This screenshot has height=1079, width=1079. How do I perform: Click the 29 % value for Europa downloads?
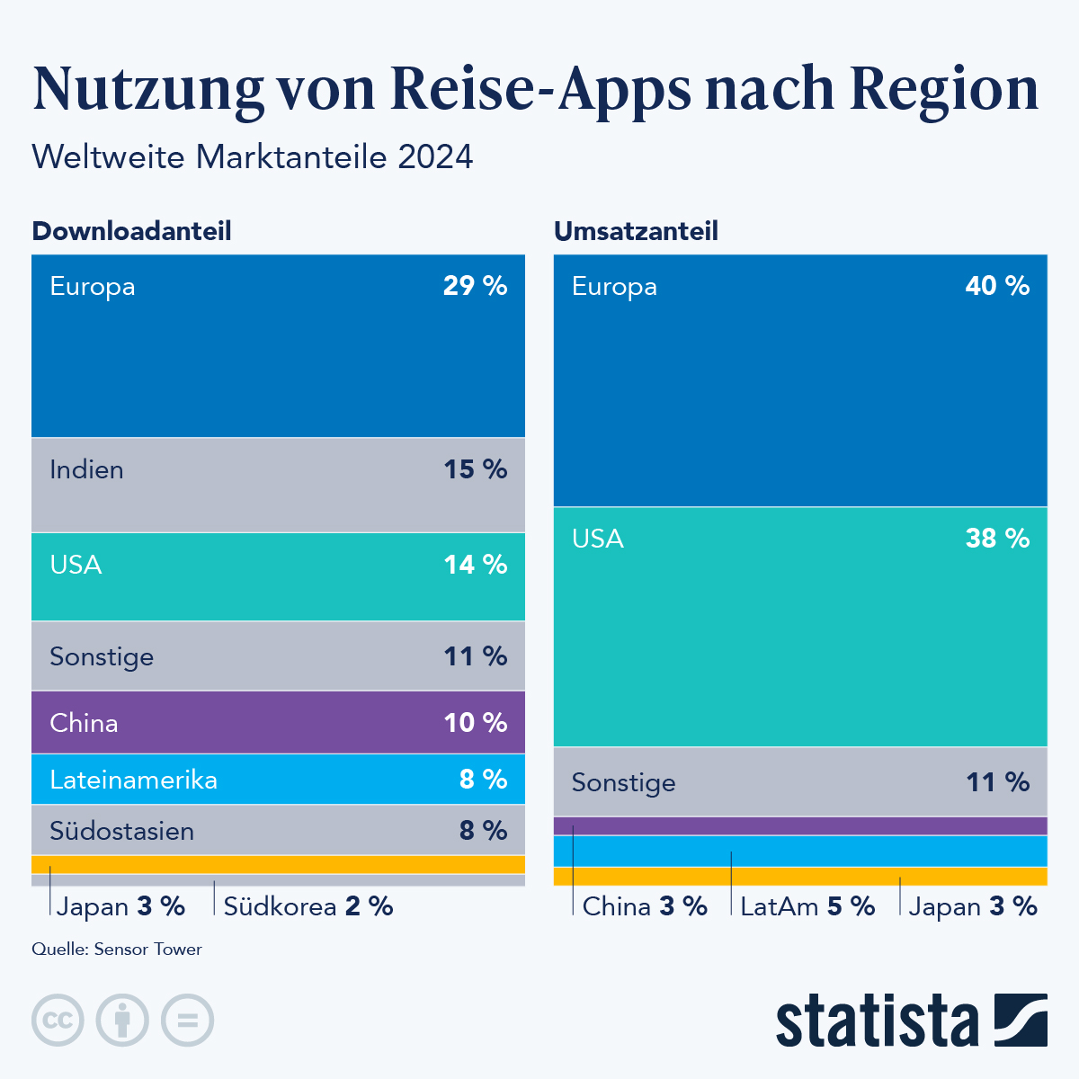475,286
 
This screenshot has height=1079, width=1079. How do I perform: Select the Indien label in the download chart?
86,469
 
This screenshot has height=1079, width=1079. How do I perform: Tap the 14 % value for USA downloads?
475,565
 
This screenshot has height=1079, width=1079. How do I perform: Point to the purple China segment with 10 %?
279,722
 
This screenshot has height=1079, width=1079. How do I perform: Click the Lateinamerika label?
133,779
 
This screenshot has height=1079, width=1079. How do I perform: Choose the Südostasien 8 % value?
483,830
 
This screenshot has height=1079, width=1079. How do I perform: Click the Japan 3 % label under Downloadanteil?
120,906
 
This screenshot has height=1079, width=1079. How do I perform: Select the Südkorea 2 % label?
308,906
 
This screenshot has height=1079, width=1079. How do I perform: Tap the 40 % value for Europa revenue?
997,286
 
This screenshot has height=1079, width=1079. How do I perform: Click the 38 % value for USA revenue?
997,539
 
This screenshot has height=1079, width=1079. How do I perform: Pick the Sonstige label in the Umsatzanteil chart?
623,782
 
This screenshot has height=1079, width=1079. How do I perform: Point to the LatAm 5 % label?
807,906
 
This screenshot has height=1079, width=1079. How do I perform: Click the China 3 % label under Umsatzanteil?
645,906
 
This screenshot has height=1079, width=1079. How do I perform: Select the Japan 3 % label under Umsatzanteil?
973,906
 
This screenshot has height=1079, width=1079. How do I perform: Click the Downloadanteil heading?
131,231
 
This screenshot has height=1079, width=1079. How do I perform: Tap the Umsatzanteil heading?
636,231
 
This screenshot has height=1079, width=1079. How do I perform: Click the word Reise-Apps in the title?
540,89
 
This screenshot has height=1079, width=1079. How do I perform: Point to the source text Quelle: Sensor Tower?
117,950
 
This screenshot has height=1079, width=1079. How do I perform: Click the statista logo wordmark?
878,1021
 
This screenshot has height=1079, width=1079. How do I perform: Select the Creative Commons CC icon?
58,1021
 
